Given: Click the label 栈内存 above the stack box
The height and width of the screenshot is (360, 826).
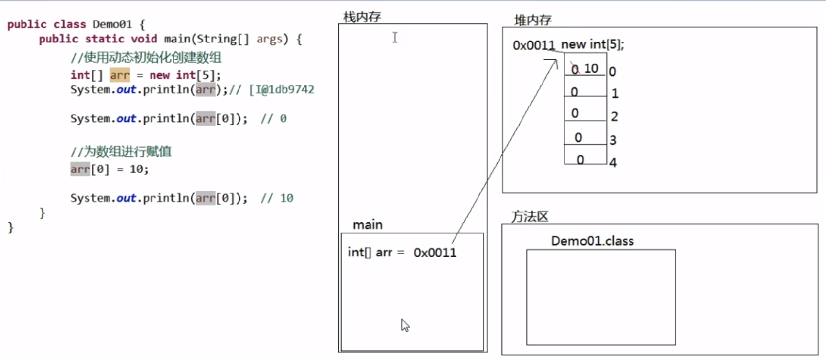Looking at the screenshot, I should click(362, 17).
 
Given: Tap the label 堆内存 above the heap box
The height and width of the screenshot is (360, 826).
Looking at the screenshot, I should click(533, 20).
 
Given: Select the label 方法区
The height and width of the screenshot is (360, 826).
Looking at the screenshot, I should click(530, 216).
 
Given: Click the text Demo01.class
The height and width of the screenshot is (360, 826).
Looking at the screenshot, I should click(592, 241).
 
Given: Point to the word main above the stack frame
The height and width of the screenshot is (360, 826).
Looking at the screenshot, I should click(368, 225).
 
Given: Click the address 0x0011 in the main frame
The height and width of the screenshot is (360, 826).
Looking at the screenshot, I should click(435, 253).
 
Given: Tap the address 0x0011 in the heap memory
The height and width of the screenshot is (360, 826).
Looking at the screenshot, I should click(533, 45).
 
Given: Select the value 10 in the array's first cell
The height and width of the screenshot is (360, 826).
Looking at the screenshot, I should click(591, 68).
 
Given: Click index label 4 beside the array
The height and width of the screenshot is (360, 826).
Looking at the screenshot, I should click(613, 162).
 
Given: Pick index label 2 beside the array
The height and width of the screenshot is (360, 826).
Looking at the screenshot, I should click(614, 116).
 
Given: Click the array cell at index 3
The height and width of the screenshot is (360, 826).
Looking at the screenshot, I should click(585, 137).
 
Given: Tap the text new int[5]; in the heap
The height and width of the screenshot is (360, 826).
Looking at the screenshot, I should click(592, 44).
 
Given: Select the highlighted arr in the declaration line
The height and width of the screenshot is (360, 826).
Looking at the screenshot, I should click(120, 75).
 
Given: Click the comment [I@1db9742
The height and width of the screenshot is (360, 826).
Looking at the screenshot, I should click(282, 90).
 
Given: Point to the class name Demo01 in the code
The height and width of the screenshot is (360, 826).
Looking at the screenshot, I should click(112, 24).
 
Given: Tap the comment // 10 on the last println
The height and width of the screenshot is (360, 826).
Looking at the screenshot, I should click(277, 198).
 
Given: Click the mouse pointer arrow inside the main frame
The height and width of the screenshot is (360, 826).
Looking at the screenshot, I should click(405, 325).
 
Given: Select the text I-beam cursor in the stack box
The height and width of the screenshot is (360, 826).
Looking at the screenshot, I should click(395, 38).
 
